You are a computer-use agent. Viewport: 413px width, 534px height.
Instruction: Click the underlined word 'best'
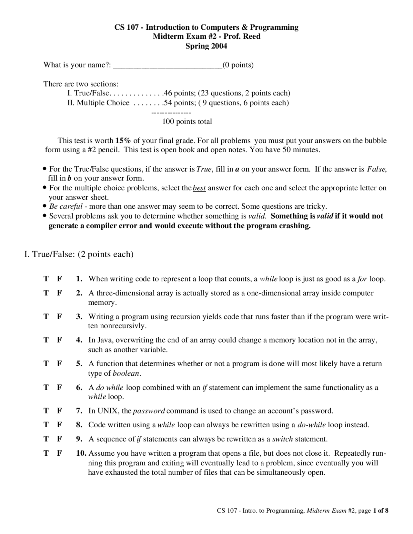199,188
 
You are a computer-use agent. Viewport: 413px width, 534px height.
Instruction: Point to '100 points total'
187,122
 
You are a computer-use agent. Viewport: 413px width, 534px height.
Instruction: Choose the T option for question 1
46,279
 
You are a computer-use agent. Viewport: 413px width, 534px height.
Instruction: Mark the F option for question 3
59,317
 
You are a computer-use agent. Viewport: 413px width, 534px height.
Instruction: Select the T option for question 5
46,364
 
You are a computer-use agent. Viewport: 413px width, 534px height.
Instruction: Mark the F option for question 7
59,411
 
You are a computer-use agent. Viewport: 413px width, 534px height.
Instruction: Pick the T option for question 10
46,453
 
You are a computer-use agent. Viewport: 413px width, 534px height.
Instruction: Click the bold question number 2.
79,293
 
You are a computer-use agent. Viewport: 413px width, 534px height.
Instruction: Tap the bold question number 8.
79,425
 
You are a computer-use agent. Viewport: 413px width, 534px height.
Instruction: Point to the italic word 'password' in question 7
149,411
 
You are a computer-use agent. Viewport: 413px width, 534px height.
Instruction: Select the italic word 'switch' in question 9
283,439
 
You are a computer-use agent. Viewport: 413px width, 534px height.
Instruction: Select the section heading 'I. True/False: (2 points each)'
79,254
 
